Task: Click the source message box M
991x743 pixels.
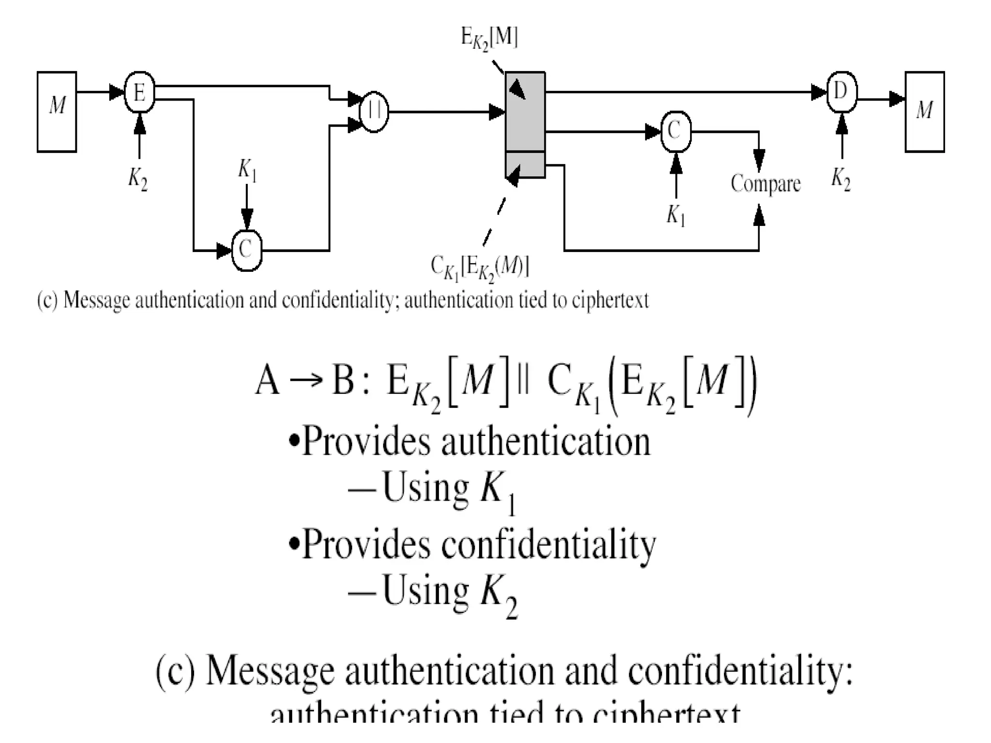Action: tap(57, 112)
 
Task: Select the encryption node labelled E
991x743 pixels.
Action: tap(139, 92)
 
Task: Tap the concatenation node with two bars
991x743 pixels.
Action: tap(374, 112)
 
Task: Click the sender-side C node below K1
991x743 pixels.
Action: tap(247, 250)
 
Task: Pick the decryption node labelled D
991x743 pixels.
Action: tap(841, 92)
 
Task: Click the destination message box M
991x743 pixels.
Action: tap(924, 112)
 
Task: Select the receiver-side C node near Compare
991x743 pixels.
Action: tap(676, 131)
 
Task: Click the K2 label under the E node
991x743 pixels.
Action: tap(138, 179)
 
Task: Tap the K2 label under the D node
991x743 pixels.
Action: tap(841, 179)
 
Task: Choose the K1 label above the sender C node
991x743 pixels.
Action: tap(247, 170)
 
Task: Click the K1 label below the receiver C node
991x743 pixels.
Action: tap(676, 215)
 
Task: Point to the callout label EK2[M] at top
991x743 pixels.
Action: tap(489, 38)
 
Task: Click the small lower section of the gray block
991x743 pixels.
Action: tap(525, 165)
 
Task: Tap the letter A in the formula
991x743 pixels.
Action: tap(267, 380)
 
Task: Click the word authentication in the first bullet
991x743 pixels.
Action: tap(545, 442)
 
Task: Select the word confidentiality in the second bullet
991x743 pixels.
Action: tap(548, 545)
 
